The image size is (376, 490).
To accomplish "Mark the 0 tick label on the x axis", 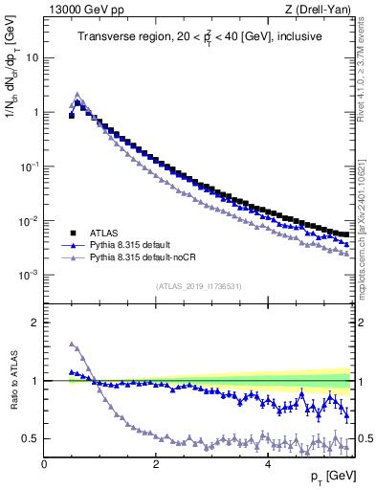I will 44,462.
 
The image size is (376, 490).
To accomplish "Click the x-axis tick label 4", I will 268,462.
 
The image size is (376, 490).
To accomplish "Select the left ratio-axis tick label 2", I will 35,323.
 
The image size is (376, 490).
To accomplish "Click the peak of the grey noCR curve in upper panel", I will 77,95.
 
